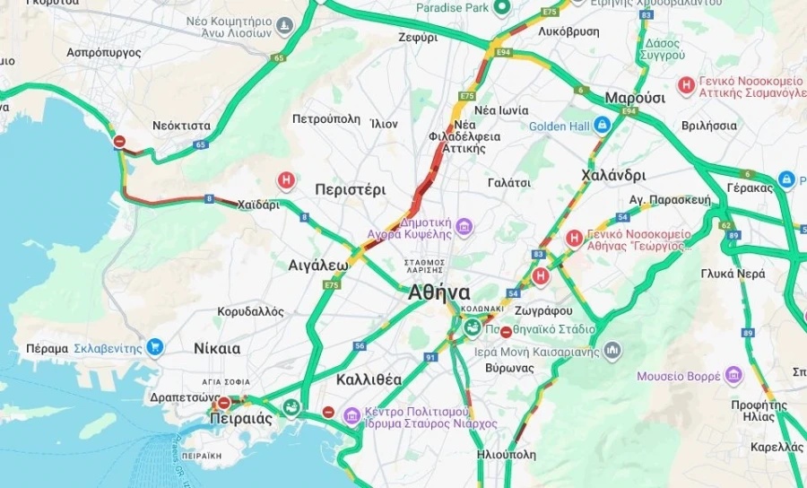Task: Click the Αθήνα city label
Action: coord(438,292)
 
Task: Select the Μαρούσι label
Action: coord(635,98)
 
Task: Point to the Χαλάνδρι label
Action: coord(613,175)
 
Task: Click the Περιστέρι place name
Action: coord(350,190)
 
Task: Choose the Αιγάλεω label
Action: coord(317,266)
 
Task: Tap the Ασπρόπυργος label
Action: coord(104,53)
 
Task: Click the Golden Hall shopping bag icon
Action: coord(603,126)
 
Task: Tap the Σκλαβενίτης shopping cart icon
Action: coord(155,347)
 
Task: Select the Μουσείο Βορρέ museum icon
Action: coord(733,375)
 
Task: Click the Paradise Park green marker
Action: coord(502,8)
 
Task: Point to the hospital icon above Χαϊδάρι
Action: coord(286,181)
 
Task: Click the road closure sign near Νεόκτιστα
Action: coord(119,141)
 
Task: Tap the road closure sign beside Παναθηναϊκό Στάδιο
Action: coord(506,332)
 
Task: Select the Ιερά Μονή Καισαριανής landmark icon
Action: coord(612,350)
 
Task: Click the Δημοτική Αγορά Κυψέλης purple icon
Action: coord(464,225)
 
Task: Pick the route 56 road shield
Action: coord(360,345)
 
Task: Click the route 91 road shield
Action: coord(430,357)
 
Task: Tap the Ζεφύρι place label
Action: coord(418,38)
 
